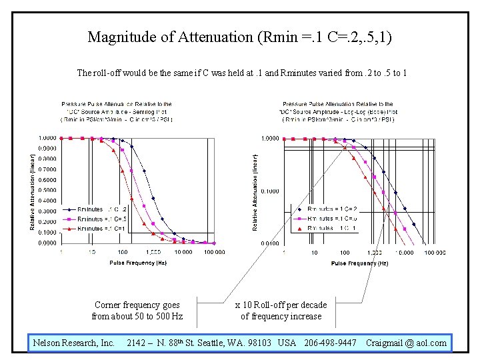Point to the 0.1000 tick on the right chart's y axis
tap(269, 191)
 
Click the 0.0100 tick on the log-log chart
tap(269, 244)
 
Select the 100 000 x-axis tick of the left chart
tap(213, 252)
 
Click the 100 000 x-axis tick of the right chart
tap(435, 253)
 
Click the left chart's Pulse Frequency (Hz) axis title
tap(138, 263)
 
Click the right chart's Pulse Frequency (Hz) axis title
tap(359, 263)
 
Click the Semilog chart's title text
tap(116, 112)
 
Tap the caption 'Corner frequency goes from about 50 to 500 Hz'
tap(137, 311)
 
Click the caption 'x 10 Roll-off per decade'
tap(281, 305)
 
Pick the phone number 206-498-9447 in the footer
tap(330, 343)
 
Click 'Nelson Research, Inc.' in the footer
tap(74, 343)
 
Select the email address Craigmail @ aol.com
tap(406, 343)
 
